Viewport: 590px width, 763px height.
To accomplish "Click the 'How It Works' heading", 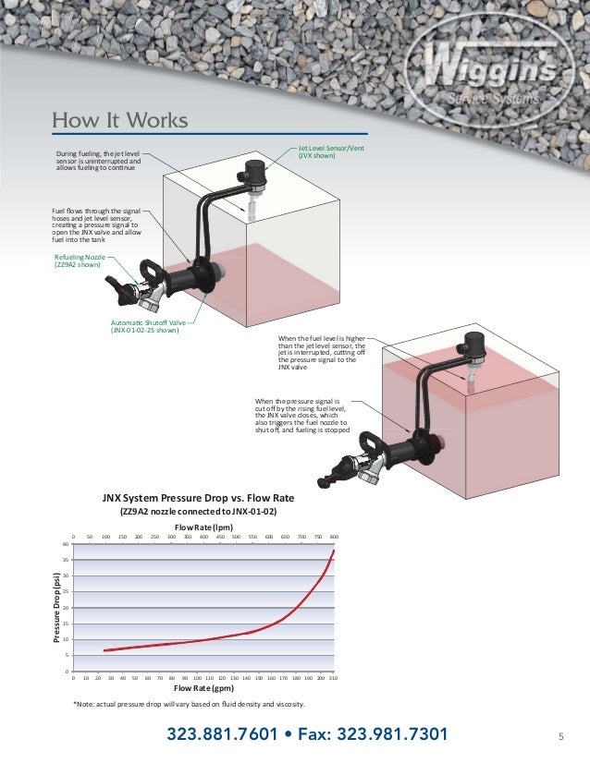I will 120,121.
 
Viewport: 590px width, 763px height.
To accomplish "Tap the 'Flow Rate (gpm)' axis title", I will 203,687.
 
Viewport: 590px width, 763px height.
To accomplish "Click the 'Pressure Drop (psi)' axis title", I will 56,608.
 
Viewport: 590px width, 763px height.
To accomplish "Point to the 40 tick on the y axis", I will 66,545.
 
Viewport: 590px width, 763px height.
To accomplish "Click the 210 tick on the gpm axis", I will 333,677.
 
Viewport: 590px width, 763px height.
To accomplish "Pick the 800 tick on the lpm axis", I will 334,537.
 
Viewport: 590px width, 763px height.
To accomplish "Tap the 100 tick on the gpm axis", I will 197,677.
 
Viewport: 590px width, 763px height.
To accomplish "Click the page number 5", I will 560,736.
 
